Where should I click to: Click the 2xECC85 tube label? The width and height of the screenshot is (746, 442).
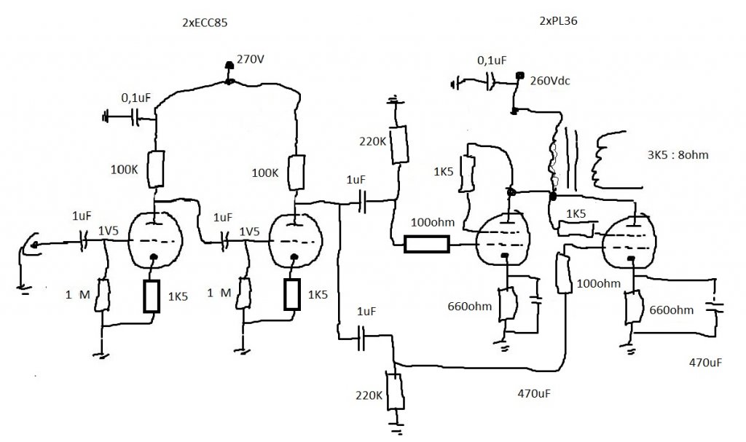pyautogui.click(x=205, y=23)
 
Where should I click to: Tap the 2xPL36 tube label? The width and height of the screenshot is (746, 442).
pyautogui.click(x=559, y=20)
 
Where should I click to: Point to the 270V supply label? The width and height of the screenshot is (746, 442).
pyautogui.click(x=251, y=60)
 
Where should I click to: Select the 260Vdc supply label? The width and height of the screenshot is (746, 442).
pyautogui.click(x=550, y=81)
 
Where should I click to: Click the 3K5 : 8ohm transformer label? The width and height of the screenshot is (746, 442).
pyautogui.click(x=678, y=154)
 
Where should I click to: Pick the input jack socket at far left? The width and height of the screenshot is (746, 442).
pyautogui.click(x=32, y=245)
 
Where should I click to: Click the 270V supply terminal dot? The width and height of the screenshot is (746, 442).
pyautogui.click(x=229, y=65)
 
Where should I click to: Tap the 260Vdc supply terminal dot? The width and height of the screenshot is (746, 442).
pyautogui.click(x=520, y=75)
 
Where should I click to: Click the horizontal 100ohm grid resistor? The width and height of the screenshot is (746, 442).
pyautogui.click(x=426, y=244)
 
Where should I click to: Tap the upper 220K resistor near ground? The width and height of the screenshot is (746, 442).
pyautogui.click(x=399, y=145)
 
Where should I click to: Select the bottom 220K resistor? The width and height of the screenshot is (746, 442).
pyautogui.click(x=396, y=392)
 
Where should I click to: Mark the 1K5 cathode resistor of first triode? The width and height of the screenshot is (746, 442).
pyautogui.click(x=152, y=296)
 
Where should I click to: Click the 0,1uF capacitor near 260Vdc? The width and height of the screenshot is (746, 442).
pyautogui.click(x=489, y=84)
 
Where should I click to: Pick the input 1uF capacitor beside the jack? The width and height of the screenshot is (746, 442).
pyautogui.click(x=84, y=241)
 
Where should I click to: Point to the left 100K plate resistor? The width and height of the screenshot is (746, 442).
pyautogui.click(x=156, y=169)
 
